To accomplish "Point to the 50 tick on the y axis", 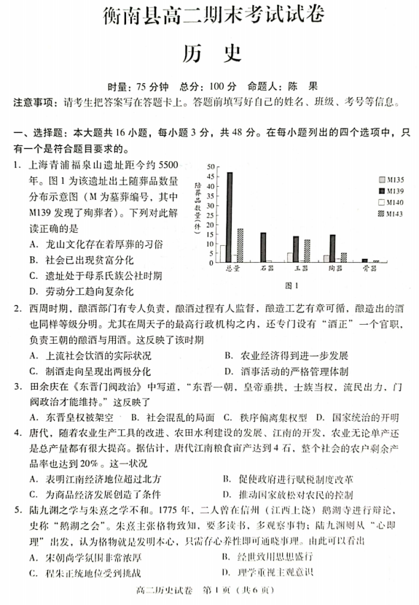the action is pos(211,168).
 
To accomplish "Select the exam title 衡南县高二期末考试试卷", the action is pos(209,17).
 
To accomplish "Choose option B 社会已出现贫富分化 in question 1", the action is pos(74,260).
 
